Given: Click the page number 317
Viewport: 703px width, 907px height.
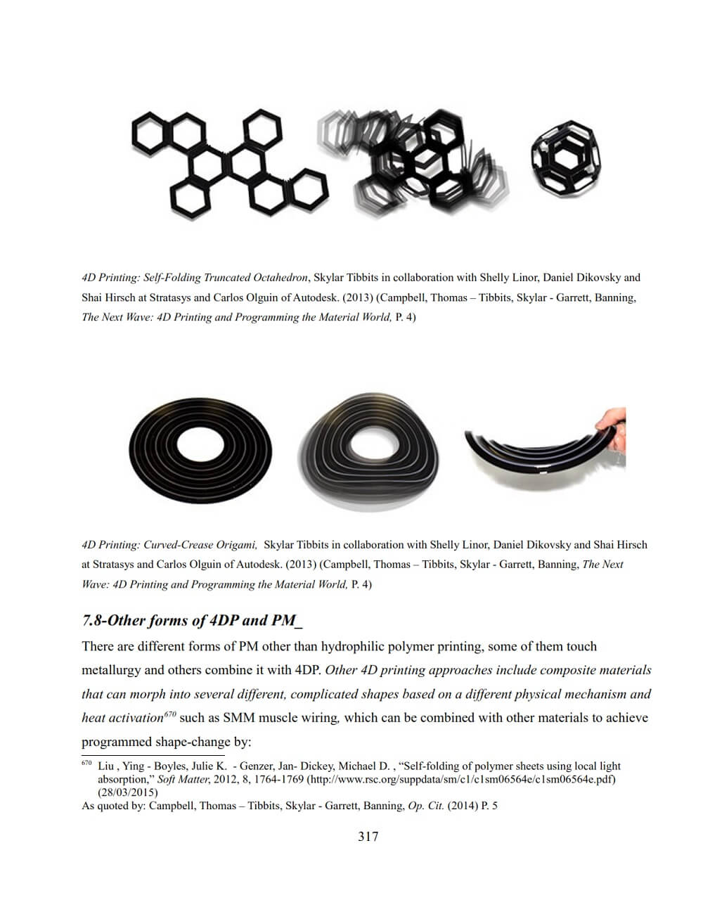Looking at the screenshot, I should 368,836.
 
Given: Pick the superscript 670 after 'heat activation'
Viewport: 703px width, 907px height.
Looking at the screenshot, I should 169,714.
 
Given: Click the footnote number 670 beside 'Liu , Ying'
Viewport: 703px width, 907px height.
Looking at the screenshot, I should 86,764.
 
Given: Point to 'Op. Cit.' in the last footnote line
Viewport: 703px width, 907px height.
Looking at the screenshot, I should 426,806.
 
